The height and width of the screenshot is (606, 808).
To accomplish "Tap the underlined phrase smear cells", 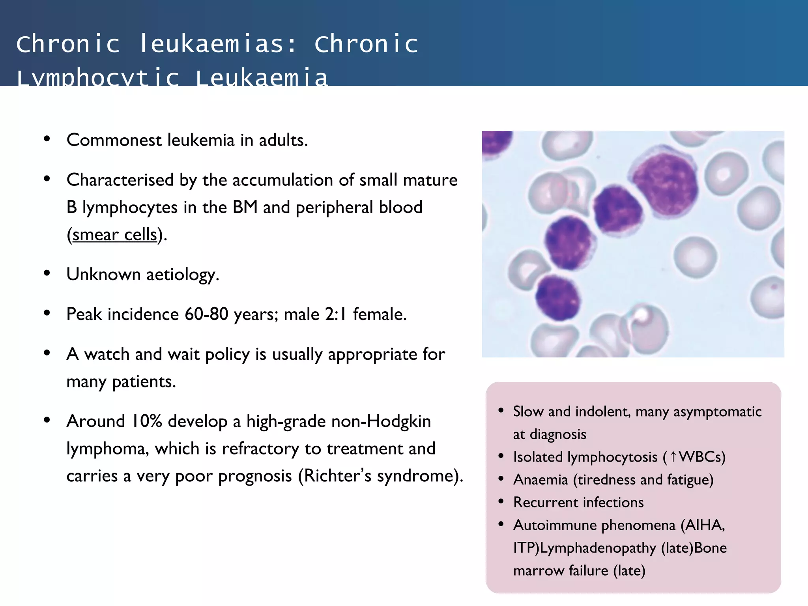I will pyautogui.click(x=115, y=235).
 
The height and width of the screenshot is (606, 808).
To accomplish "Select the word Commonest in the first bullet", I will pyautogui.click(x=114, y=140).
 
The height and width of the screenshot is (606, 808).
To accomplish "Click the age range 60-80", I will pyautogui.click(x=206, y=314).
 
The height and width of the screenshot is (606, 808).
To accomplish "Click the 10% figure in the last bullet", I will pyautogui.click(x=147, y=421).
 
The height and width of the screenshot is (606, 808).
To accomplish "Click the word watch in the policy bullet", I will pyautogui.click(x=107, y=354).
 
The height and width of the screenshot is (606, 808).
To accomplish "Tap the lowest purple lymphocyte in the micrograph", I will pyautogui.click(x=557, y=298).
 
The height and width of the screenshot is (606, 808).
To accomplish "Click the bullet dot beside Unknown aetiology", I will pyautogui.click(x=47, y=273).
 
